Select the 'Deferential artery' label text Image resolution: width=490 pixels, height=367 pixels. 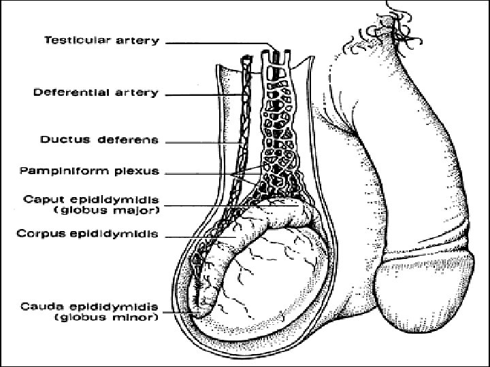pos(96,92)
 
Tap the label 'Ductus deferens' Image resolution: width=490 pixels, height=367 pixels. pos(99,141)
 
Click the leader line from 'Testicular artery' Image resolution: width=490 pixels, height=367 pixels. pos(218,42)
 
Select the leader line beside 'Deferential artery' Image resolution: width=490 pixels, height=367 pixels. pos(204,94)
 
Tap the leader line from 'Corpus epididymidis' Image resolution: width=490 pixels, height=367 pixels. pos(204,237)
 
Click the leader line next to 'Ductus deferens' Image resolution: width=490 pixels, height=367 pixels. pos(201,142)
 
